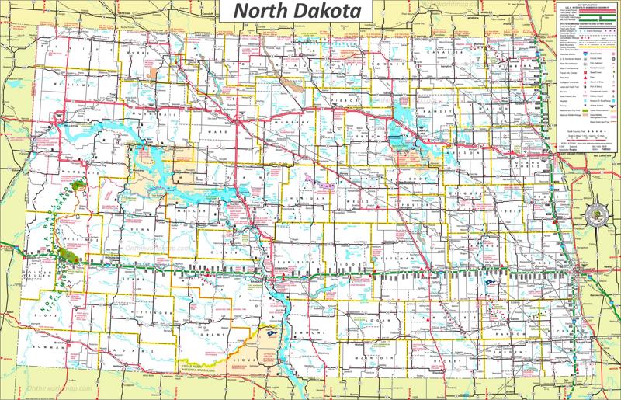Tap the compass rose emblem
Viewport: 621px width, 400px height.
click(x=599, y=210)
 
